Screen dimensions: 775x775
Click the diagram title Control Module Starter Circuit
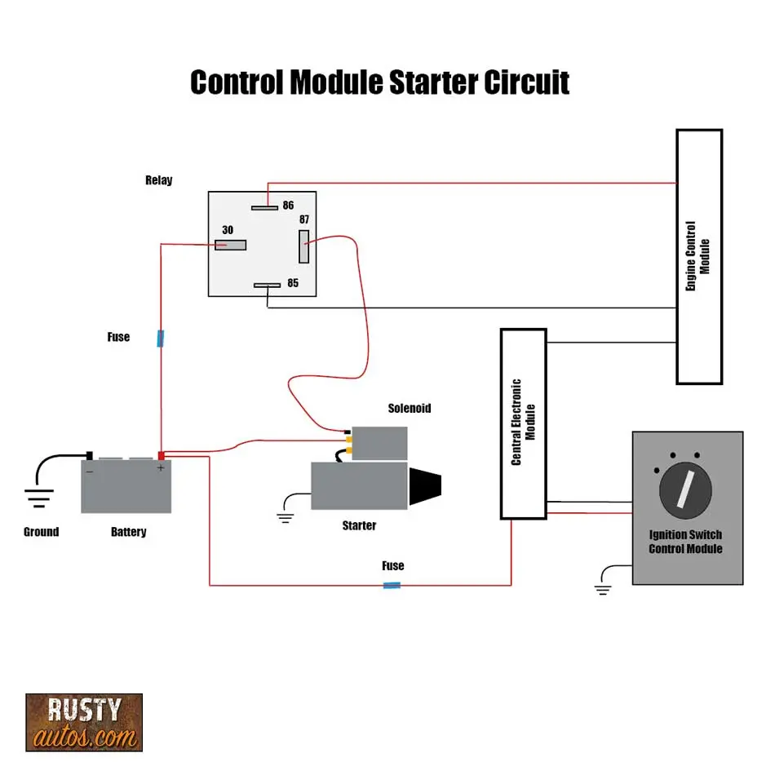point(379,83)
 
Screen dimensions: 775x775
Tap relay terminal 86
point(265,207)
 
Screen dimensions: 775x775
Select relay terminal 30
point(230,245)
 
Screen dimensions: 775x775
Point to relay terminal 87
point(303,246)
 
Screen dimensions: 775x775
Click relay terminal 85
point(267,286)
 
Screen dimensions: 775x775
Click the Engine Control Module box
point(699,256)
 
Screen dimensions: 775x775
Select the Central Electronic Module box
point(523,423)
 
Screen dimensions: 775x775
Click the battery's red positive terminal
point(162,456)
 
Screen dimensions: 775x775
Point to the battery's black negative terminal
point(90,455)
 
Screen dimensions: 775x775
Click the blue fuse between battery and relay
point(161,338)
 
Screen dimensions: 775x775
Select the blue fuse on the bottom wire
point(392,585)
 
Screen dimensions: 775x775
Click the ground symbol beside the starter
point(285,516)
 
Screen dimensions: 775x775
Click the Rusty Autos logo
point(84,722)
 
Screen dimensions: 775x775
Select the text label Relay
point(158,180)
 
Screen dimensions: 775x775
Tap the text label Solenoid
point(409,408)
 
